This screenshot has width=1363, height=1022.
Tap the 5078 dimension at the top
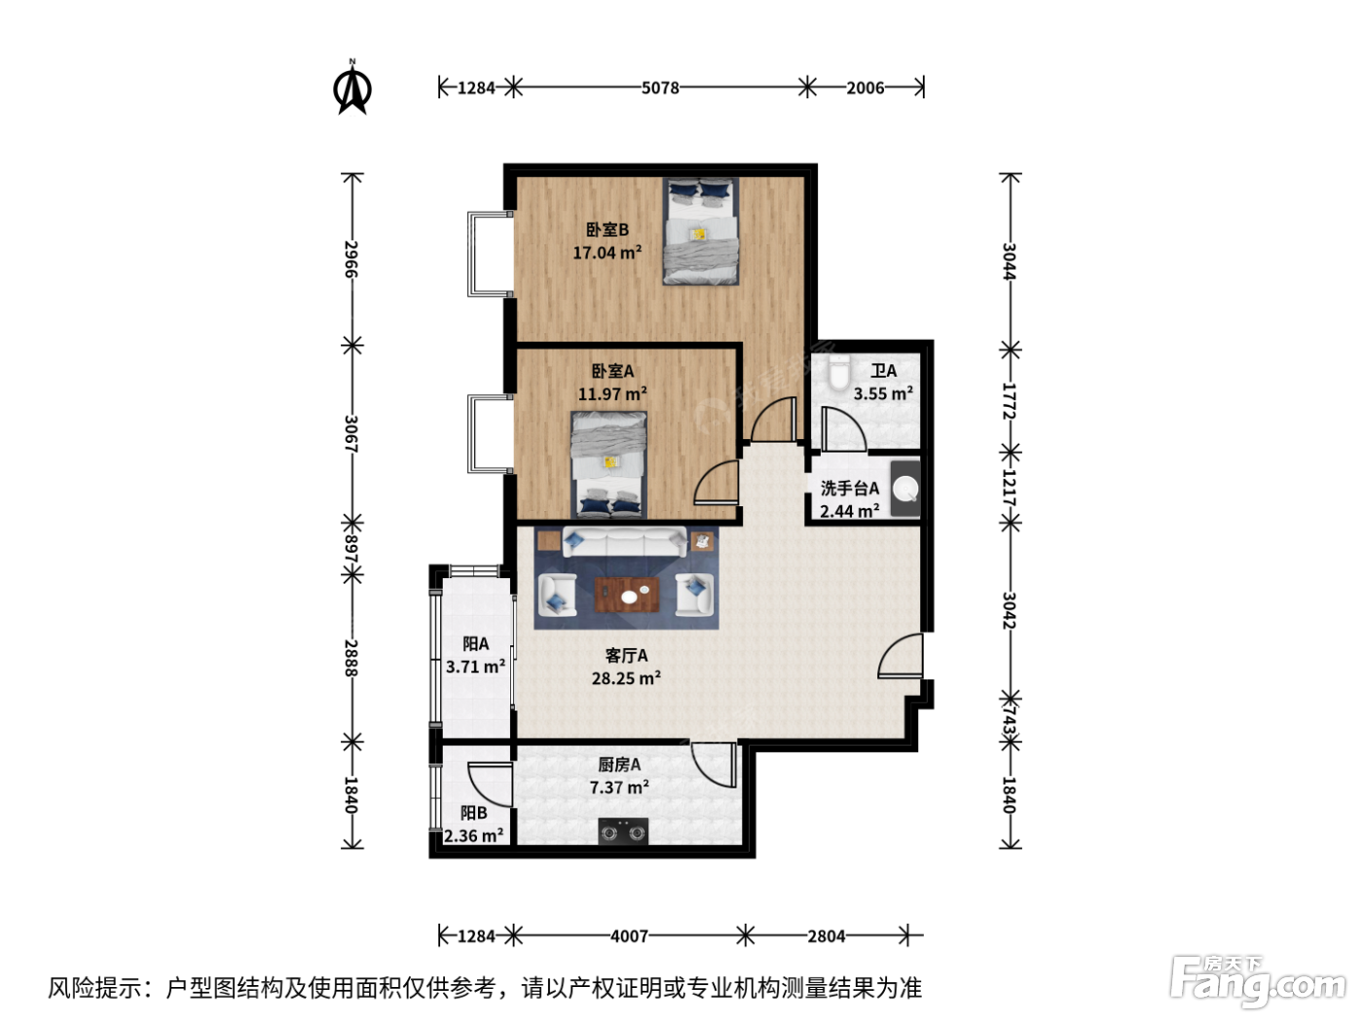(x=660, y=88)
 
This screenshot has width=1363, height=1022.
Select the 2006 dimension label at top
(x=865, y=88)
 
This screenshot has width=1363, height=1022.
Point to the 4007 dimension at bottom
(x=629, y=935)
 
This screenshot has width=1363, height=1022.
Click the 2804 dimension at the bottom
(x=827, y=935)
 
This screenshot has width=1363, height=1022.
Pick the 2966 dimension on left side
(x=351, y=259)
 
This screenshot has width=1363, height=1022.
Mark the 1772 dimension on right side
(x=1009, y=401)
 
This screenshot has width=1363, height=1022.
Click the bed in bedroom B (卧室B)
(x=700, y=232)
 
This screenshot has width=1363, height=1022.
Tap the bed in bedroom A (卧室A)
(x=608, y=465)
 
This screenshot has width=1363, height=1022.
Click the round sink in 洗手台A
(x=906, y=489)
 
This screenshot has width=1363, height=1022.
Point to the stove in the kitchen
(x=623, y=831)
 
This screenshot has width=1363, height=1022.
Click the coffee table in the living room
(x=627, y=595)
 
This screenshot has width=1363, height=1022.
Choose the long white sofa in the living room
(x=625, y=542)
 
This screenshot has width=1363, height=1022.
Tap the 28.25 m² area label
(x=626, y=678)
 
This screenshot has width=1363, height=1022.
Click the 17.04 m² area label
(x=608, y=252)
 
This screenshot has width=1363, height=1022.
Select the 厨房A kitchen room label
(x=619, y=764)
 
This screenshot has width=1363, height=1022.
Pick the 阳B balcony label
(x=474, y=813)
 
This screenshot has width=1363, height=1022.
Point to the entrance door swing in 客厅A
(x=901, y=655)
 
